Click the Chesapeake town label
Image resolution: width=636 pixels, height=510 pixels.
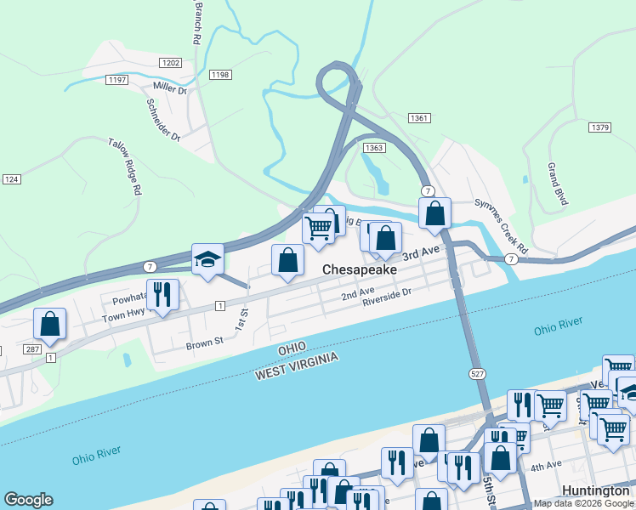click(x=359, y=269)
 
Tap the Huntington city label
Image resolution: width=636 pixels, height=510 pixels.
click(x=596, y=491)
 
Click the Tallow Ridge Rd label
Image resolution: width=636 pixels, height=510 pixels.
click(x=124, y=167)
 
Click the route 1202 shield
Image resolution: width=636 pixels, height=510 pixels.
click(x=170, y=63)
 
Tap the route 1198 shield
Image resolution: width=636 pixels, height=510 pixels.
click(x=220, y=75)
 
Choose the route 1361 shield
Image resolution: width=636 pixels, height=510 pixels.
click(x=418, y=118)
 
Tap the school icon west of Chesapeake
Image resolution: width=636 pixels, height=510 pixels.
click(x=207, y=259)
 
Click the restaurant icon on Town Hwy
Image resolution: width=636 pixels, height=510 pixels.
click(x=162, y=294)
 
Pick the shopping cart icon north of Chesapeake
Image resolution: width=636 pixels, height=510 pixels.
click(x=319, y=228)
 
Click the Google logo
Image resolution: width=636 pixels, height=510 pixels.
click(x=28, y=500)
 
